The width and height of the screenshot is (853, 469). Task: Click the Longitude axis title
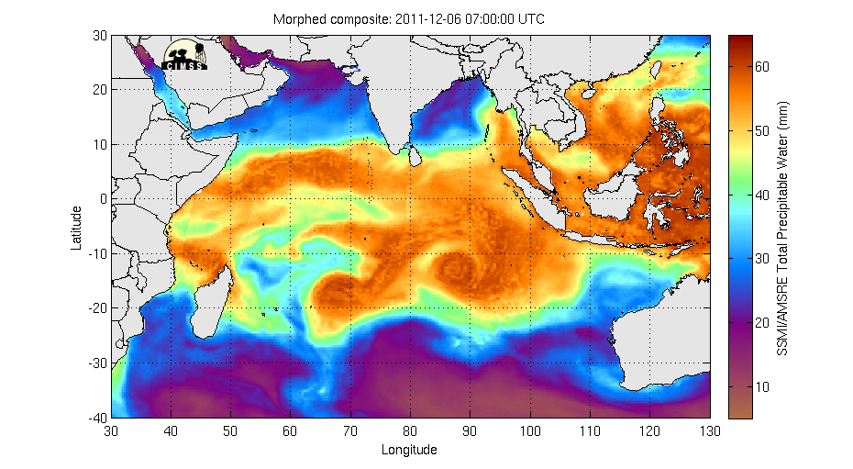tap(409, 450)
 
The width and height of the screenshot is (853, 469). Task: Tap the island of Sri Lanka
tap(414, 157)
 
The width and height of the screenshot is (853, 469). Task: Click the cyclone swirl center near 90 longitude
tap(457, 268)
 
